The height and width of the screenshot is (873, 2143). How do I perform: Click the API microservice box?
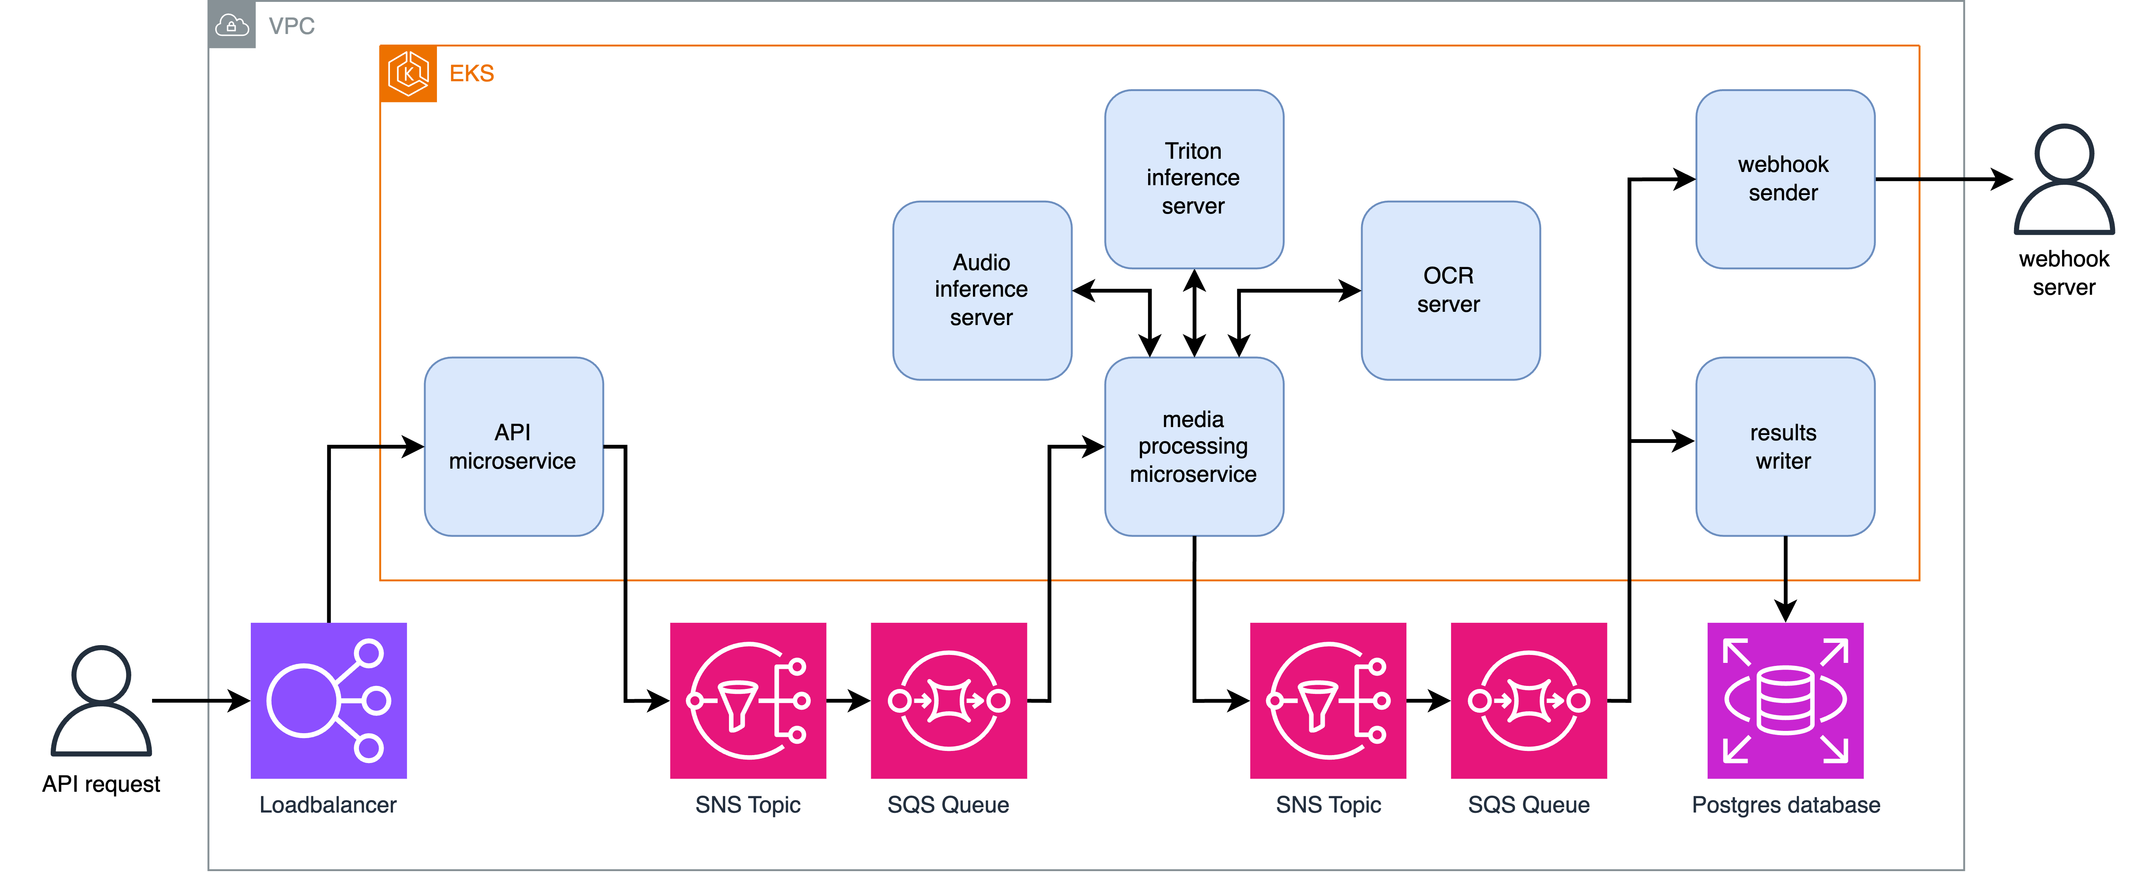pos(513,446)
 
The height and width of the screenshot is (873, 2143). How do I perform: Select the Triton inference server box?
pos(1193,179)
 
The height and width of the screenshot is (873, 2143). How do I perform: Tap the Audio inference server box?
pos(982,290)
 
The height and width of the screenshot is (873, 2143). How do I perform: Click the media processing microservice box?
pos(1193,446)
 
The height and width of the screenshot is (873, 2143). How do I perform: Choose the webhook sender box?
pos(1784,179)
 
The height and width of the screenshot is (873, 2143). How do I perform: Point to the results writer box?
pos(1784,446)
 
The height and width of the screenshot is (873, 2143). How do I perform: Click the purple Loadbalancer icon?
pos(329,700)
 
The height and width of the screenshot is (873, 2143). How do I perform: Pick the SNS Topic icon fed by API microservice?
pos(748,700)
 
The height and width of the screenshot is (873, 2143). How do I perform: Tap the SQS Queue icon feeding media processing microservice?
pos(948,700)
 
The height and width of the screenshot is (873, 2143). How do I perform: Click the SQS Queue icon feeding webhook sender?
pos(1528,700)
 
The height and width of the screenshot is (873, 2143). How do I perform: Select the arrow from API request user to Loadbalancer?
pos(200,701)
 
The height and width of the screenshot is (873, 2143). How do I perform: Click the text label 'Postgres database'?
pos(1785,805)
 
